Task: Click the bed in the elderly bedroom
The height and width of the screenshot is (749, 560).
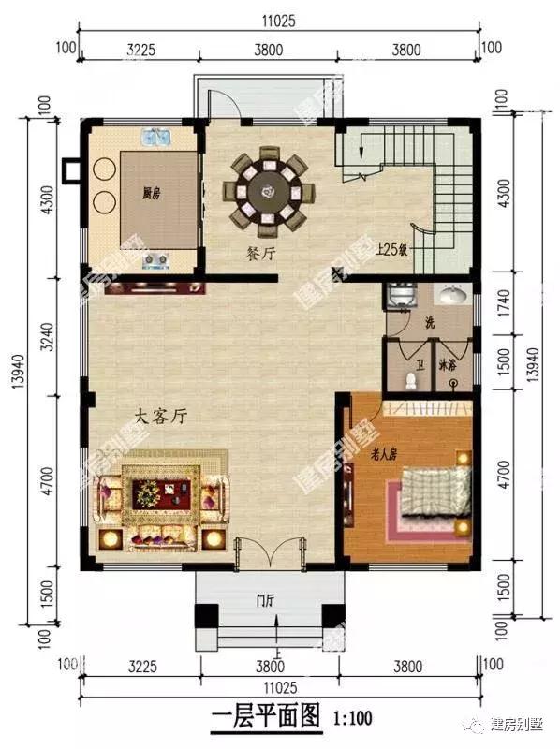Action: click(434, 492)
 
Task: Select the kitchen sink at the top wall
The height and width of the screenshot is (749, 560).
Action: click(155, 139)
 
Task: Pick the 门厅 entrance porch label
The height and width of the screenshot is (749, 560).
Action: click(267, 602)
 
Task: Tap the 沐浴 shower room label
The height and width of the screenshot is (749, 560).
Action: click(447, 366)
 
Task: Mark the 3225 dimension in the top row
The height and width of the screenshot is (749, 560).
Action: click(139, 50)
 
